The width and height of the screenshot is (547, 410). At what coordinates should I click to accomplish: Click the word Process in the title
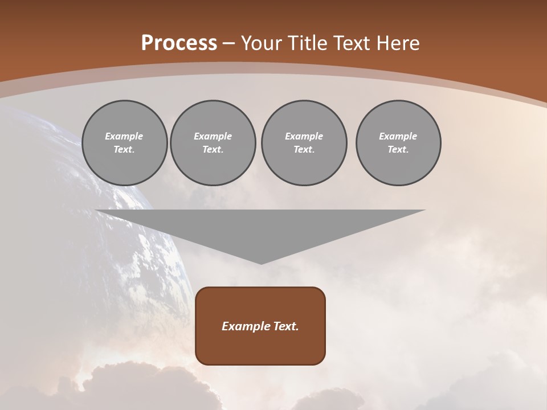coord(179,43)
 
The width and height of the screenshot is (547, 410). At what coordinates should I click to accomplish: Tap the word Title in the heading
coord(308,43)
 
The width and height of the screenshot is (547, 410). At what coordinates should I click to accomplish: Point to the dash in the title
coord(229,44)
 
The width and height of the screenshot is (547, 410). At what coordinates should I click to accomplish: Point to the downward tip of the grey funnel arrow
coord(261,263)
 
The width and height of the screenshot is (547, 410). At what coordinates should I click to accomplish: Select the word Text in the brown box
coord(286,326)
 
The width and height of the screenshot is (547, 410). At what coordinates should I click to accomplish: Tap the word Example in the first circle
coord(124,136)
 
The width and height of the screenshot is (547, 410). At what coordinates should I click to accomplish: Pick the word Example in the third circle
coord(304,136)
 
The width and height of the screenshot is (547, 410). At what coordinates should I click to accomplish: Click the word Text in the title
coord(352,43)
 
